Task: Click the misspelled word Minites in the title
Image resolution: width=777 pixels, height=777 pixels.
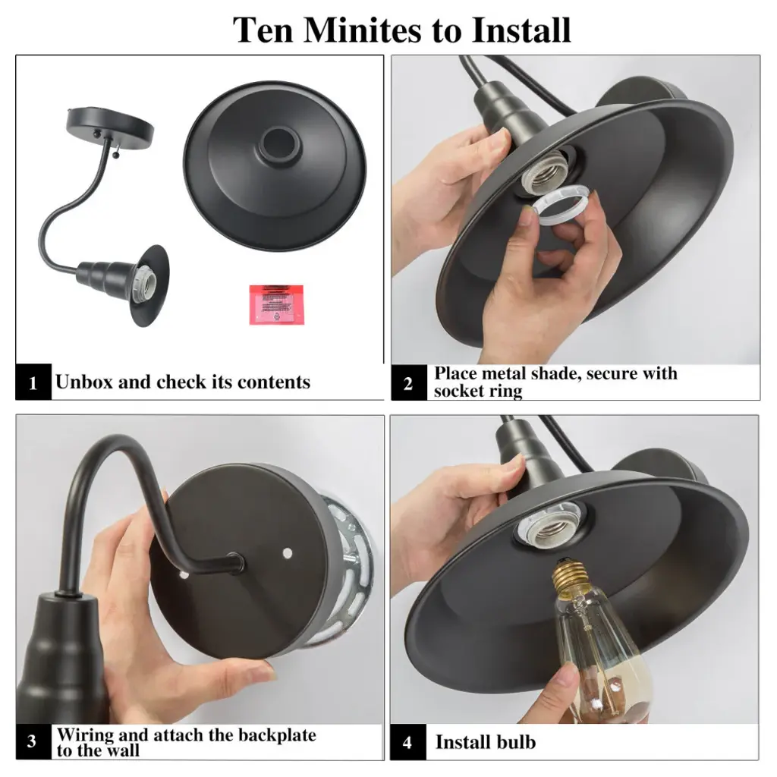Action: pyautogui.click(x=363, y=30)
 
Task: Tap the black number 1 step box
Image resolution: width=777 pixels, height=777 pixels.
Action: pyautogui.click(x=33, y=382)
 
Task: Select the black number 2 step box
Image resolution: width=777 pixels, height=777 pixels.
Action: pyautogui.click(x=408, y=382)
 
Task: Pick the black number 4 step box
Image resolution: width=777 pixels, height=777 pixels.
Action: pyautogui.click(x=407, y=742)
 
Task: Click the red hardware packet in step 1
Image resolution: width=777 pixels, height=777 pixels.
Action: pyautogui.click(x=276, y=305)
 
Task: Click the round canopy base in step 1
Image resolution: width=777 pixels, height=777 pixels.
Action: pyautogui.click(x=109, y=124)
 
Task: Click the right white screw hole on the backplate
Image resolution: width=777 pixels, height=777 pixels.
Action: pyautogui.click(x=287, y=552)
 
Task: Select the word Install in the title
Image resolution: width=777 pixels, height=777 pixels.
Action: pyautogui.click(x=521, y=30)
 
